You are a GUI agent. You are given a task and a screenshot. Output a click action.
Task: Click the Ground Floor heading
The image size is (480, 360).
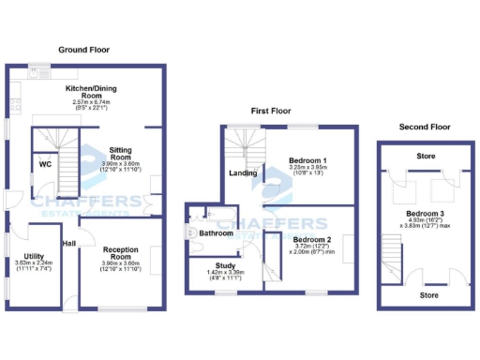85,49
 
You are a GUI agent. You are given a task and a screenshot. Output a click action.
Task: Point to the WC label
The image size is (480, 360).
45,164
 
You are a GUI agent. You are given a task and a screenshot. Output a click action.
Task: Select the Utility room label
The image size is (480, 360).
35,256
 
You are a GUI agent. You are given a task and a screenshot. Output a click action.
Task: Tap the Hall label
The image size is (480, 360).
68,245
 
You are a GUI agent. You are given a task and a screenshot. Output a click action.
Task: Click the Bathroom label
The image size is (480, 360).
216,232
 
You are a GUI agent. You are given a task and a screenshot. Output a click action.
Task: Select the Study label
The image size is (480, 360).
224,266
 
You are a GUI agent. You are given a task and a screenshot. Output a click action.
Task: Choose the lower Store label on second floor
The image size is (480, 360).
428,295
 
